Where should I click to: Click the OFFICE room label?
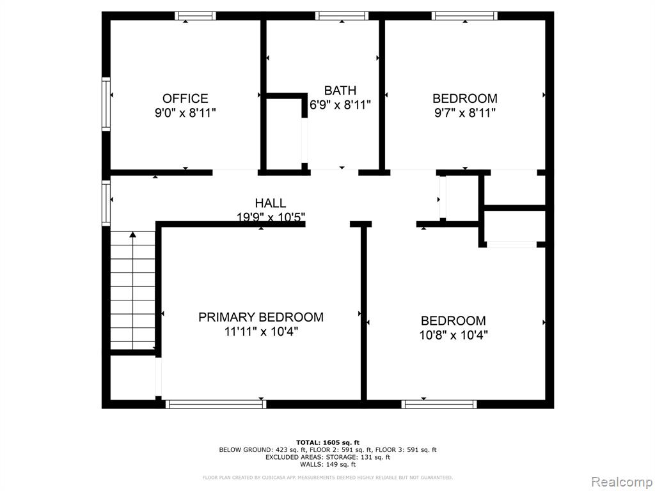point(185,98)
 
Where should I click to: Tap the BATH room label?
point(340,90)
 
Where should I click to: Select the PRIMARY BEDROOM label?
point(261,317)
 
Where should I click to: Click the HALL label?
point(271,203)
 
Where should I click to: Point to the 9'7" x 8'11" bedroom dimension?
point(465,113)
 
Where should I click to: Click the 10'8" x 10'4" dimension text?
point(454,335)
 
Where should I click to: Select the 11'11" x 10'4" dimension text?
point(261,332)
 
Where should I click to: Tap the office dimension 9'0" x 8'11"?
point(185,113)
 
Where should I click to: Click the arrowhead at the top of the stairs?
point(133,235)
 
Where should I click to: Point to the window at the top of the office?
point(195,16)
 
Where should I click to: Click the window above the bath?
point(342,16)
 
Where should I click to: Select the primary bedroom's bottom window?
point(216,404)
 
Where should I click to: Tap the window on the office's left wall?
point(106,104)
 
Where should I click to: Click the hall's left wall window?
point(106,203)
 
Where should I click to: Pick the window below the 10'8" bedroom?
point(439,404)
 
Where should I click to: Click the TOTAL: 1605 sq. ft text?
point(327,442)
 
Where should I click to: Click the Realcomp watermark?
point(622,482)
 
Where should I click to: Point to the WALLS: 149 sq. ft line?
point(327,464)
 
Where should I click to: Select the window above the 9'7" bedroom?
point(464,16)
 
